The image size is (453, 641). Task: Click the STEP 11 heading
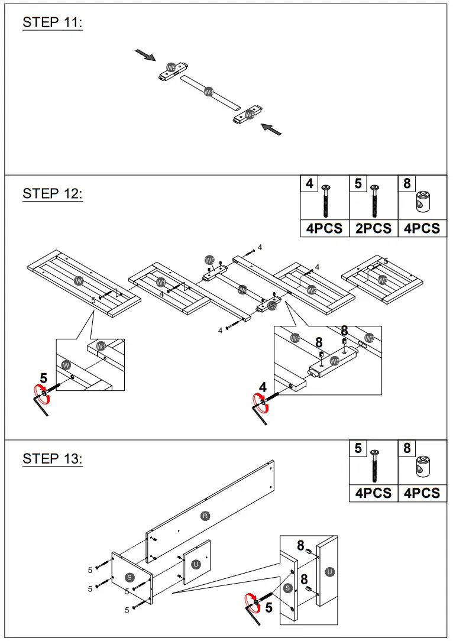click(53, 22)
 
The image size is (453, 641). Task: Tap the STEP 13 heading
click(53, 458)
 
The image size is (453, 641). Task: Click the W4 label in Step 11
click(208, 92)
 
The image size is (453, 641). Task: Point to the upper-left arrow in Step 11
click(145, 55)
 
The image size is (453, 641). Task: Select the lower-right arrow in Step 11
click(271, 128)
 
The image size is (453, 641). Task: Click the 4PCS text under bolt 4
click(323, 229)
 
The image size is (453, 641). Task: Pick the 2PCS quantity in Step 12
click(373, 229)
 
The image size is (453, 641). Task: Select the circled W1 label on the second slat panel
click(161, 283)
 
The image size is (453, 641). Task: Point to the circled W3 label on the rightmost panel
click(383, 280)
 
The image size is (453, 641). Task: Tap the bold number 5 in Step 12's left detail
click(43, 378)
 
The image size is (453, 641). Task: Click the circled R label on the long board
click(205, 516)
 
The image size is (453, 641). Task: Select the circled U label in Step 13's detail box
click(330, 571)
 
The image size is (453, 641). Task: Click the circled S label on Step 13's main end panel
click(130, 577)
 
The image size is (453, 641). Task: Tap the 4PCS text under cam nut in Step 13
click(422, 493)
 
